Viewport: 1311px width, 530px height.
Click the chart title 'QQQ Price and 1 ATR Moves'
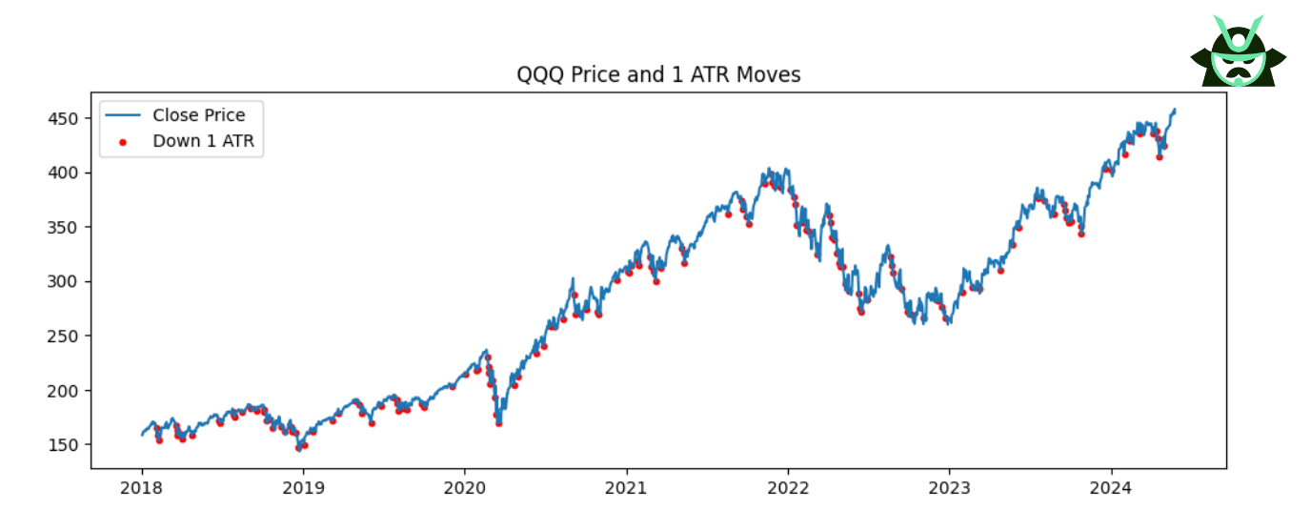click(658, 74)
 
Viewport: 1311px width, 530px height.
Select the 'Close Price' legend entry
click(198, 115)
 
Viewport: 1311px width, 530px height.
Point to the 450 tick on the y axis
click(68, 118)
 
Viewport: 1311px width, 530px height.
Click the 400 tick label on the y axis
click(68, 173)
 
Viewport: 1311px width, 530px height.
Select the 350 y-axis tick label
click(68, 227)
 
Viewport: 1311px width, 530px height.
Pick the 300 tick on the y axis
click(68, 281)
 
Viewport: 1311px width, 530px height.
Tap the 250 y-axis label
click(68, 336)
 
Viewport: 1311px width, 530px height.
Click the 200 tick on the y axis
click(68, 390)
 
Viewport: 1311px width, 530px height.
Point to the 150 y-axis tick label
click(68, 444)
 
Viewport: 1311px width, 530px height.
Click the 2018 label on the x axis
click(142, 489)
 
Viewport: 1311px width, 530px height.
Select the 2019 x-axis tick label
click(303, 489)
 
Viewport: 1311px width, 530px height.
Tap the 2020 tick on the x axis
click(465, 489)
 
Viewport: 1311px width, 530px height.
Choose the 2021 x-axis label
click(627, 489)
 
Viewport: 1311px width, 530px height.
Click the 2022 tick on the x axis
click(788, 489)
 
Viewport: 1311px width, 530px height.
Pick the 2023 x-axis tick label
click(949, 489)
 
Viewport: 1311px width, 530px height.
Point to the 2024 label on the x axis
click(1111, 489)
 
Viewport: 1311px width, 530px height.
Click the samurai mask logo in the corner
click(1238, 51)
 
